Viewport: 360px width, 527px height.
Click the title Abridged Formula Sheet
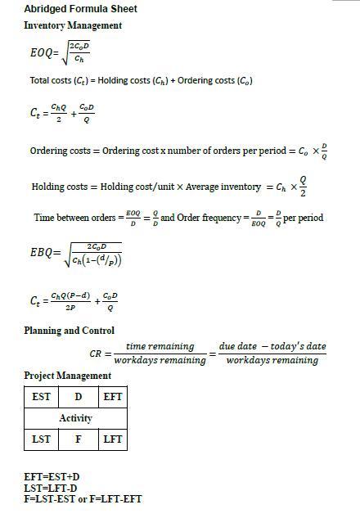80,9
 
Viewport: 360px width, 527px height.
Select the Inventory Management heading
73,25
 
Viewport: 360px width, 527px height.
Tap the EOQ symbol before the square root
43,53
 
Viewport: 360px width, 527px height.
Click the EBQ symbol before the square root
43,254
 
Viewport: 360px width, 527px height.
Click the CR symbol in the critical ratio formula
96,354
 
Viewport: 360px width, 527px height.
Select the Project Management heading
67,376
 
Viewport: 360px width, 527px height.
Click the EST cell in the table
41,397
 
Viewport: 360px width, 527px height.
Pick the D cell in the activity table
78,397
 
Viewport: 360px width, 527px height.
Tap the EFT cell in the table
112,397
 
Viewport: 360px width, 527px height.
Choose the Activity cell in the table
75,418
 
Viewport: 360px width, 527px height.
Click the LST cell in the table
41,439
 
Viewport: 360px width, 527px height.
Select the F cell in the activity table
78,439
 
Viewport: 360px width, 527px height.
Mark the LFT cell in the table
112,439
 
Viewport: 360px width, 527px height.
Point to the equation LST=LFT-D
52,488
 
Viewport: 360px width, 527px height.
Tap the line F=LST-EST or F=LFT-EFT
83,498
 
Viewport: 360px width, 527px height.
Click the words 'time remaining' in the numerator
160,346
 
